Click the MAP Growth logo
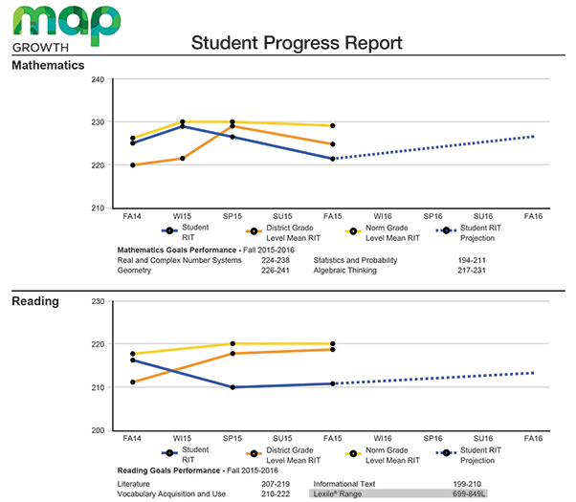pyautogui.click(x=66, y=29)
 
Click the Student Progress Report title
pyautogui.click(x=297, y=43)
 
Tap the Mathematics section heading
pyautogui.click(x=48, y=65)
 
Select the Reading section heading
pyautogui.click(x=35, y=301)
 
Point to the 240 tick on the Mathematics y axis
pyautogui.click(x=98, y=79)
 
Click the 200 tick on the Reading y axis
pyautogui.click(x=98, y=430)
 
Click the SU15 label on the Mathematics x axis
pyautogui.click(x=282, y=216)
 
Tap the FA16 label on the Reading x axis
pyautogui.click(x=533, y=438)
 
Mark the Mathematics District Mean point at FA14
pyautogui.click(x=133, y=165)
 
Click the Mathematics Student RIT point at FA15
pyautogui.click(x=332, y=159)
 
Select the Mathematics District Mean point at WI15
pyautogui.click(x=183, y=159)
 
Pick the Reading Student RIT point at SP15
pyautogui.click(x=233, y=387)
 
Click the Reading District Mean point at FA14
pyautogui.click(x=133, y=382)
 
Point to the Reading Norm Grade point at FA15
pyautogui.click(x=332, y=343)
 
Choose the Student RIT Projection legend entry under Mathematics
pyautogui.click(x=469, y=232)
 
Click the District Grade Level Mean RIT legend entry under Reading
pyautogui.click(x=283, y=455)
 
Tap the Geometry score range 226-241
pyautogui.click(x=276, y=271)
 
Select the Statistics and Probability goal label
pyautogui.click(x=355, y=260)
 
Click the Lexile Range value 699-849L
pyautogui.click(x=469, y=494)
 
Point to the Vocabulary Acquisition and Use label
pyautogui.click(x=171, y=494)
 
